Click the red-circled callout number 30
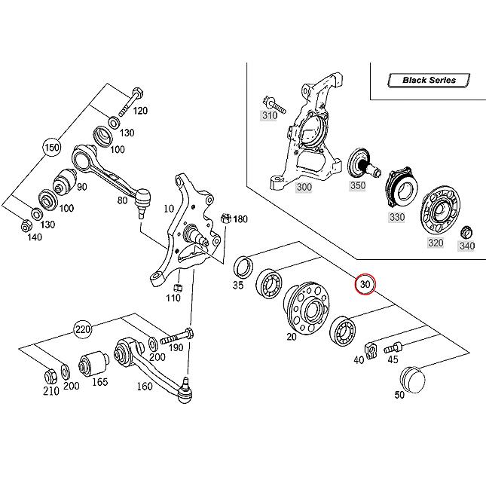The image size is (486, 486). [x=365, y=284]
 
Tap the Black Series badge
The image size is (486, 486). [x=429, y=81]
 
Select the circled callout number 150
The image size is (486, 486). [x=52, y=147]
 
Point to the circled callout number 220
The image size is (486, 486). [x=83, y=329]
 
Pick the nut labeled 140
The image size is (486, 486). [x=26, y=227]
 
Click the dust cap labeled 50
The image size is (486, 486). [x=413, y=379]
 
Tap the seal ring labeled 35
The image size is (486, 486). [x=243, y=266]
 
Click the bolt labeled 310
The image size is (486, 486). [x=274, y=105]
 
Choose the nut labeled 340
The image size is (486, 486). [x=466, y=232]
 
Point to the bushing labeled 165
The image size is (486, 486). [x=93, y=363]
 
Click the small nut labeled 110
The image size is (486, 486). [x=178, y=288]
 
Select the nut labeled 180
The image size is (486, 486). [x=225, y=219]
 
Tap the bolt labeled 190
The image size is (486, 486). [x=176, y=337]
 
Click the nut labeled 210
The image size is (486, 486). [x=50, y=377]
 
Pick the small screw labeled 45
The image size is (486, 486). [x=393, y=347]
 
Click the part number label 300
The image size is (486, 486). [x=304, y=187]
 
